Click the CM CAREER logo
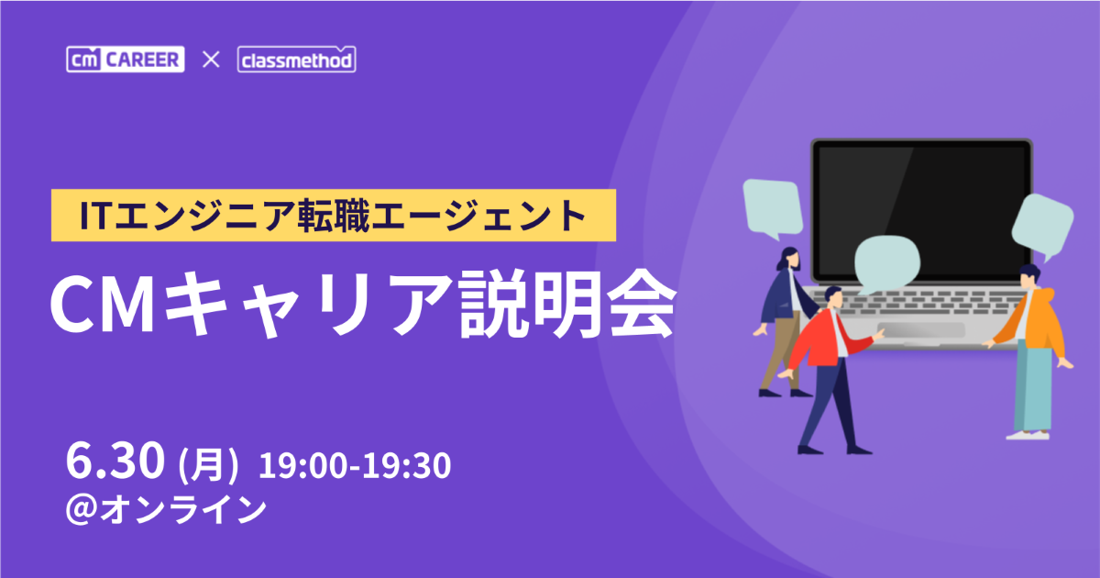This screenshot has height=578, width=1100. (x=126, y=60)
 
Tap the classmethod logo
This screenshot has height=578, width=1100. (x=297, y=60)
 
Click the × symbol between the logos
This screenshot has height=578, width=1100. (x=211, y=60)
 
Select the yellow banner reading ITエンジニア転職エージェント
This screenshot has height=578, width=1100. (x=334, y=216)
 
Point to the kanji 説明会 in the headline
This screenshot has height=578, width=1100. (x=566, y=305)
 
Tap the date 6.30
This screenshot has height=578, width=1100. (x=115, y=461)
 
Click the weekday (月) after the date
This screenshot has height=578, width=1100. (x=208, y=464)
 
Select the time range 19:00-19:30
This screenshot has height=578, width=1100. (x=355, y=465)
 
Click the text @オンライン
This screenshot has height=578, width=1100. (x=166, y=509)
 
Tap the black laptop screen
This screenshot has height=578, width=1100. (x=921, y=211)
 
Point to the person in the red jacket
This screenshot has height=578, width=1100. (x=832, y=370)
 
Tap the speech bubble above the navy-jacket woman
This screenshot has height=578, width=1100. (x=773, y=208)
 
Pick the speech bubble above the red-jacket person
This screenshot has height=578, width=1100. (x=887, y=264)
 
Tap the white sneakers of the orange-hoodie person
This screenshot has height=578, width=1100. (x=1028, y=435)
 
